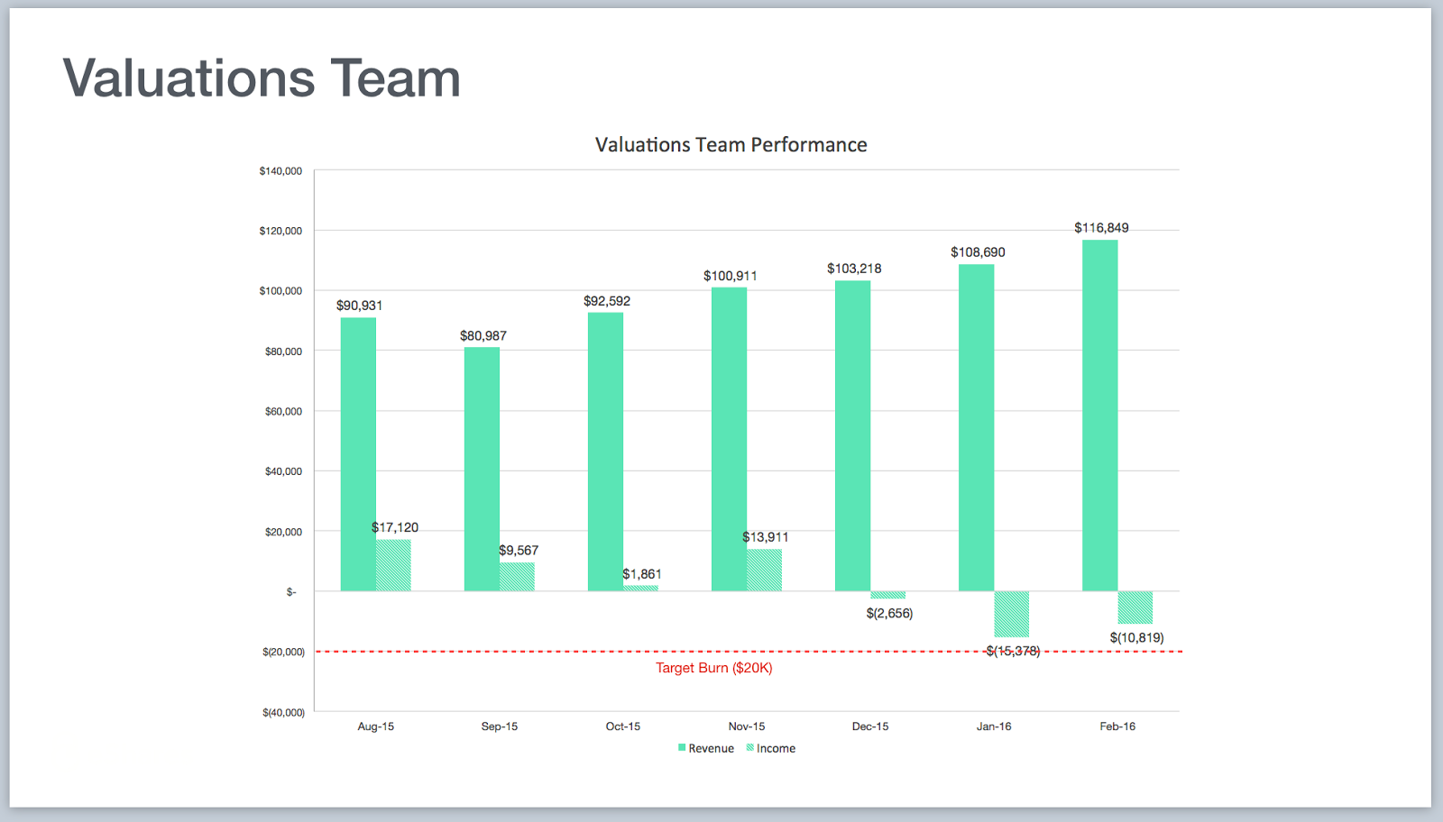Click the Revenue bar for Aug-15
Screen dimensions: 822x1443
click(358, 454)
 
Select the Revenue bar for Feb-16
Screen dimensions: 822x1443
click(1099, 416)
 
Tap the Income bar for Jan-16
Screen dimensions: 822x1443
click(1011, 614)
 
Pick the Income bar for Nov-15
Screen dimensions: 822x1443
click(765, 570)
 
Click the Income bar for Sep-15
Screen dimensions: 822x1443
click(517, 577)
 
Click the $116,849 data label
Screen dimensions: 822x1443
click(1101, 228)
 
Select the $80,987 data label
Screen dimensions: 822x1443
click(483, 336)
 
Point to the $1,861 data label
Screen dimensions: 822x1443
click(642, 574)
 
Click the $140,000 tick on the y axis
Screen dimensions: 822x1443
click(280, 171)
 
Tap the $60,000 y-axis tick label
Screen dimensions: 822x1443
click(283, 411)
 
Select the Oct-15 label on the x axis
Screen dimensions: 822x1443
click(622, 726)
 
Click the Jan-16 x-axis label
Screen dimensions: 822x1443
click(993, 726)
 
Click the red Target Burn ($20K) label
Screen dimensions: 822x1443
click(713, 668)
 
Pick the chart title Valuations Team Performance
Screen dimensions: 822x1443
click(731, 145)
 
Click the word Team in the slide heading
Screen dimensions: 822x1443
click(395, 78)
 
